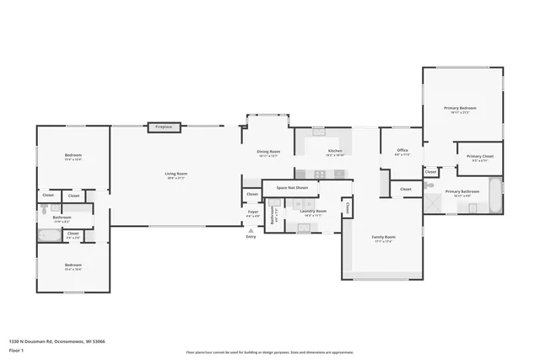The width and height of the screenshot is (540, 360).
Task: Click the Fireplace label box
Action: coord(163,126)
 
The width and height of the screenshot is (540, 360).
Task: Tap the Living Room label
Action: coord(175,175)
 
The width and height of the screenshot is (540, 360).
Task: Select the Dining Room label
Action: coord(268,152)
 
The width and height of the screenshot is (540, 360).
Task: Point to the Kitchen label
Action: coord(335,152)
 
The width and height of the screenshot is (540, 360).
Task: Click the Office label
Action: coord(402,152)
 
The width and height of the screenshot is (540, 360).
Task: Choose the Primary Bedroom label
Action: coord(461,109)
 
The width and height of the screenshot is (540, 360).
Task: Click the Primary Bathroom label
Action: coord(462,192)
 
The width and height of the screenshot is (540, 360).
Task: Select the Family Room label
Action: coord(384,238)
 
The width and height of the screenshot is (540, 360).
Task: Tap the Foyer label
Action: coord(251,214)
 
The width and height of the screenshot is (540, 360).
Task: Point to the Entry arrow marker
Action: coord(251,230)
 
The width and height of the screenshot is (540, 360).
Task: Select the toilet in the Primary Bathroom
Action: coord(429,185)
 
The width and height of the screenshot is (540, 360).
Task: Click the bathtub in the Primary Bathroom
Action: coord(495,195)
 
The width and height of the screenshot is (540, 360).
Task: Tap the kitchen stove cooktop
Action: coord(340,174)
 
